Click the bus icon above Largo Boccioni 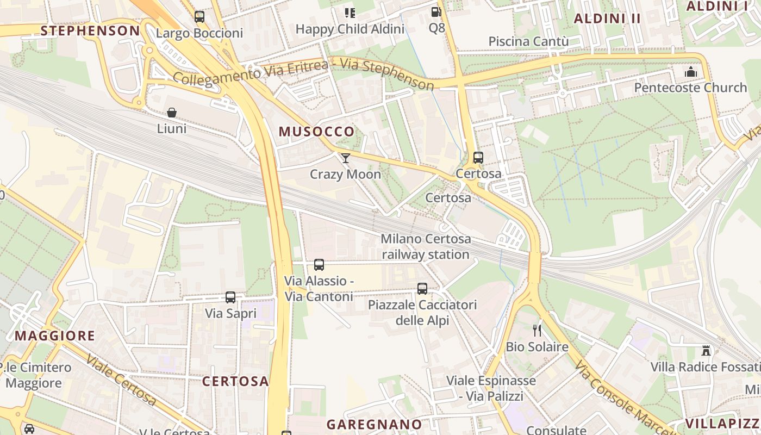click(x=199, y=17)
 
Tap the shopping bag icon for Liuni click(x=172, y=113)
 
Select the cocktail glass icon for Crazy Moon click(x=346, y=158)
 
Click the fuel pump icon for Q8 click(x=436, y=12)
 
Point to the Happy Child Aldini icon click(x=350, y=13)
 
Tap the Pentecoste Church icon click(x=691, y=72)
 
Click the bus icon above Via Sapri click(x=230, y=297)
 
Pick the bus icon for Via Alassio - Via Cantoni click(x=319, y=265)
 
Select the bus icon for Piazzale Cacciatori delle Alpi click(x=422, y=289)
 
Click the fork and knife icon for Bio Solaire click(x=537, y=331)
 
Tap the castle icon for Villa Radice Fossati click(x=706, y=351)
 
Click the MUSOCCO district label click(x=316, y=131)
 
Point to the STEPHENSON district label click(x=90, y=30)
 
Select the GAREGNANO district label click(x=374, y=424)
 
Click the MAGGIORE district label click(x=55, y=335)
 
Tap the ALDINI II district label click(x=608, y=18)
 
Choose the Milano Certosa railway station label click(x=426, y=246)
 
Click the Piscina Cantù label click(x=528, y=41)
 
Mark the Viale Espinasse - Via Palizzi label click(x=491, y=388)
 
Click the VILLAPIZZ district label click(x=721, y=424)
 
